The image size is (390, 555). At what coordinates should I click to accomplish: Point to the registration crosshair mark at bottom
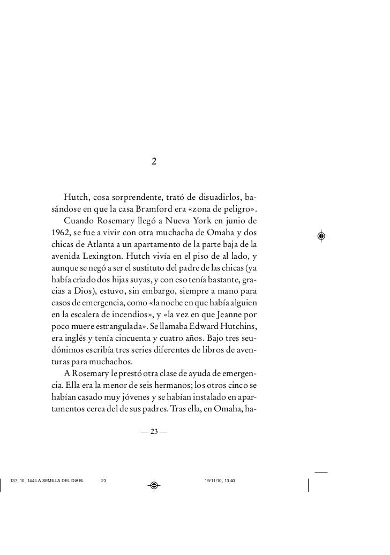(x=154, y=485)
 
